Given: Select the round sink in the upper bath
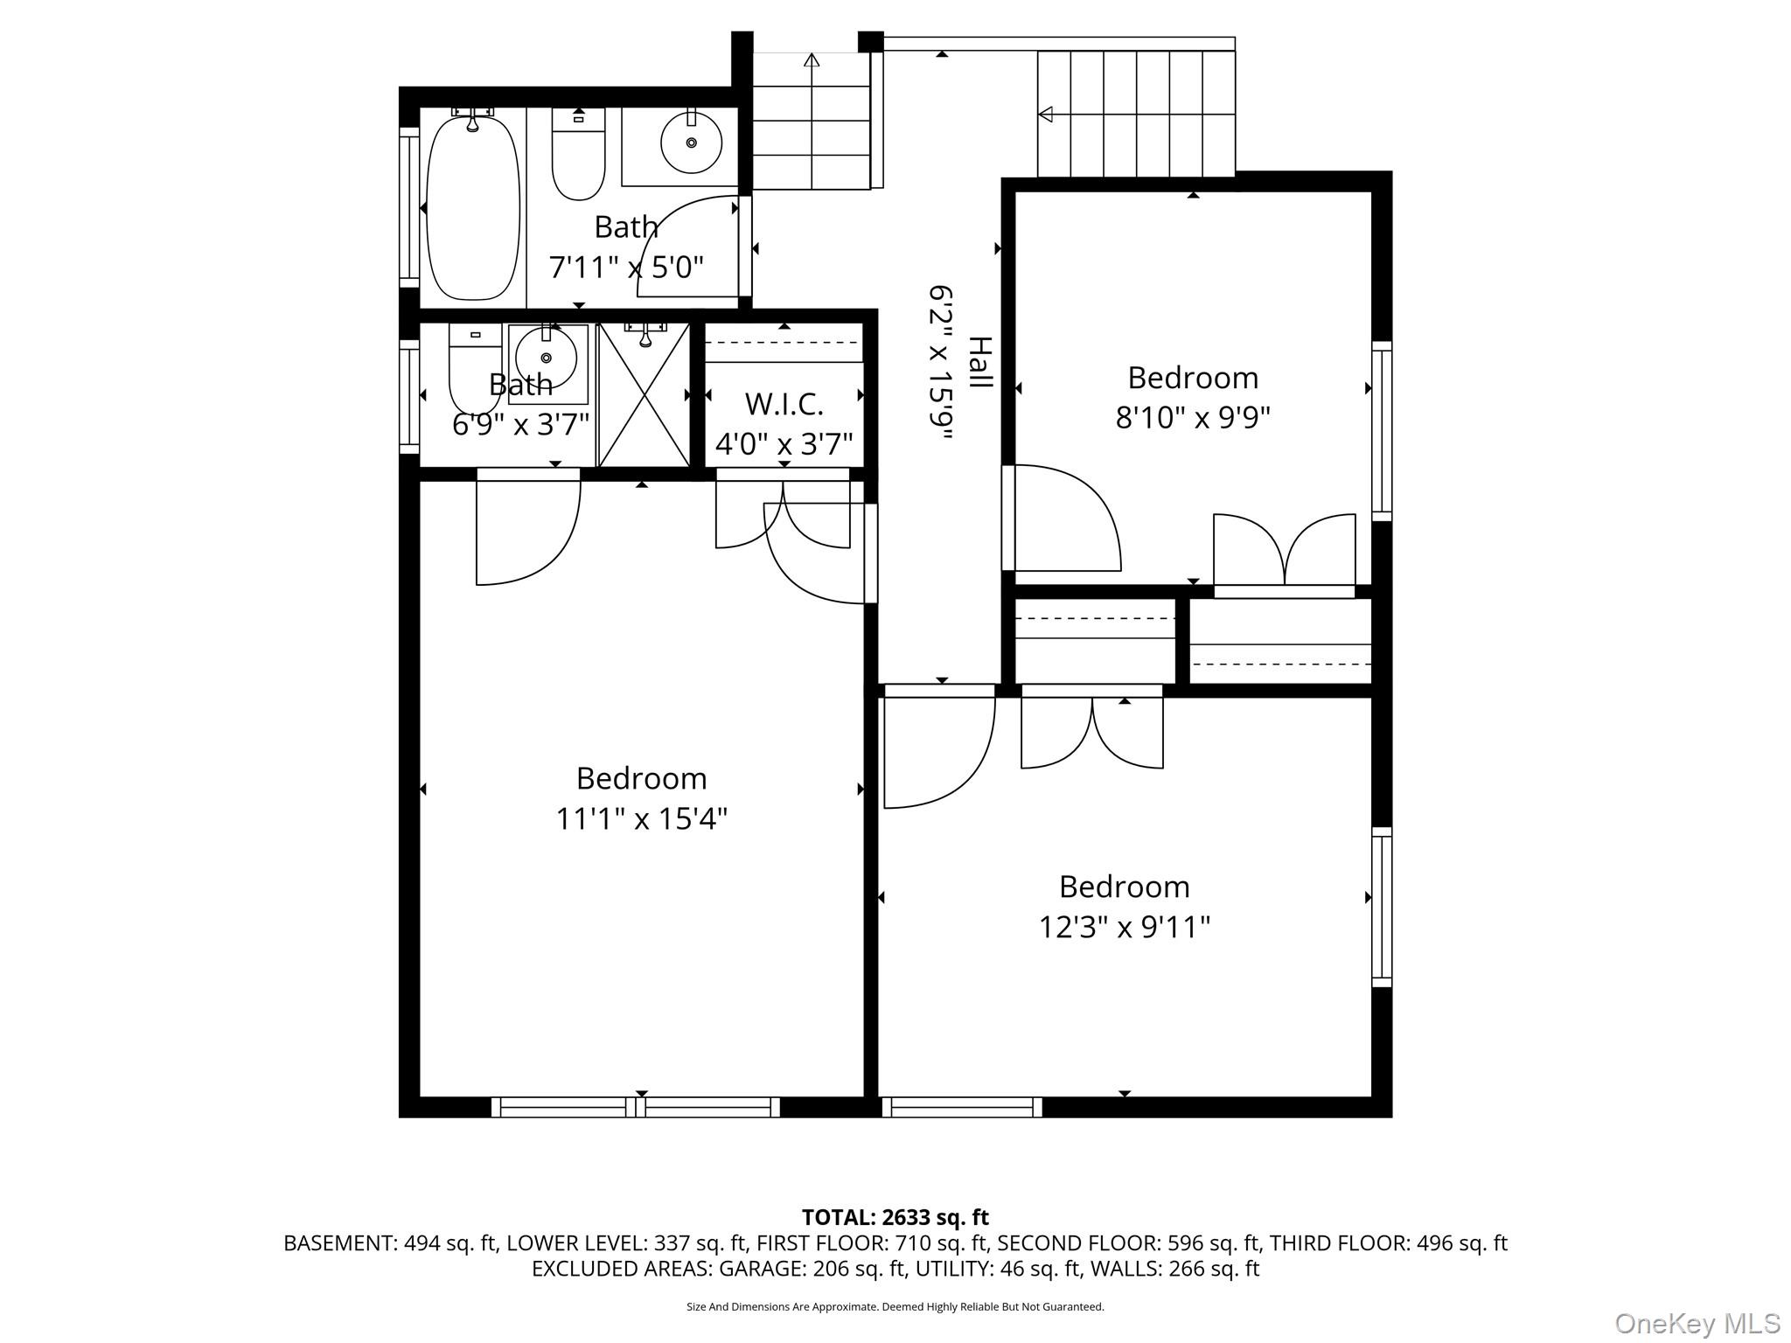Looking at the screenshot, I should [x=691, y=143].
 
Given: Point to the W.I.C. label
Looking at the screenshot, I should [x=784, y=405].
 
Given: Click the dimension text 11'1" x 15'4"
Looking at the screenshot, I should [x=642, y=819].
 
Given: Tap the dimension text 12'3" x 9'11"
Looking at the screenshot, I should [x=1124, y=927].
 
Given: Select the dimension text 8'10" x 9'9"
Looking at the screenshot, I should [x=1192, y=418].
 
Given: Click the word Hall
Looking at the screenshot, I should [x=980, y=363].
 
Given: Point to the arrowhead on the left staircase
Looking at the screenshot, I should [x=812, y=60].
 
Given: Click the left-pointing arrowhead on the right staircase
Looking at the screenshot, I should [x=1045, y=114].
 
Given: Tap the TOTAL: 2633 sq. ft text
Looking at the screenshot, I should [x=895, y=1217].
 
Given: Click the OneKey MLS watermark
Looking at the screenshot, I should [x=1697, y=1323].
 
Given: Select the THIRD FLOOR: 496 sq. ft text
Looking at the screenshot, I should [x=1388, y=1243].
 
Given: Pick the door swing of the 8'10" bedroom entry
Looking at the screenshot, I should [x=1067, y=520].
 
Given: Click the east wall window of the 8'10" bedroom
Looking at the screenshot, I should [x=1381, y=431].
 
